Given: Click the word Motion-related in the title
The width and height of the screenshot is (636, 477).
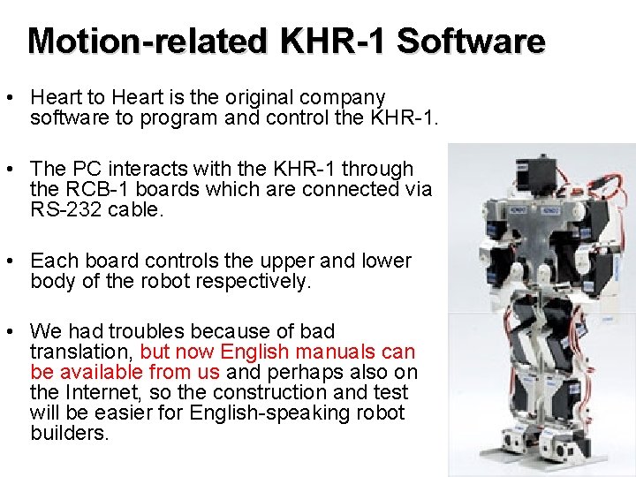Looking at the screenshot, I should (x=146, y=41).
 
